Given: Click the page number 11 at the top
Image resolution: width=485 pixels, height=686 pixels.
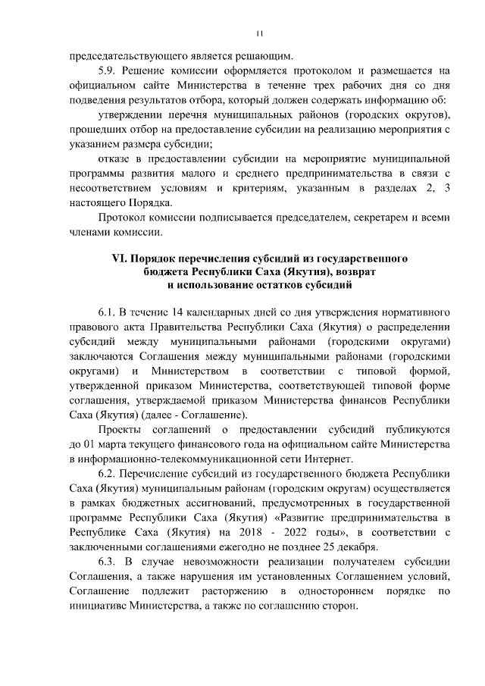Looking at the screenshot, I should [258, 34].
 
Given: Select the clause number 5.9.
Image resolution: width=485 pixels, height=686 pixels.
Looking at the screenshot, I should [108, 70].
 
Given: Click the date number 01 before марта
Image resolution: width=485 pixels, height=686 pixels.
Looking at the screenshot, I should [92, 443].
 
